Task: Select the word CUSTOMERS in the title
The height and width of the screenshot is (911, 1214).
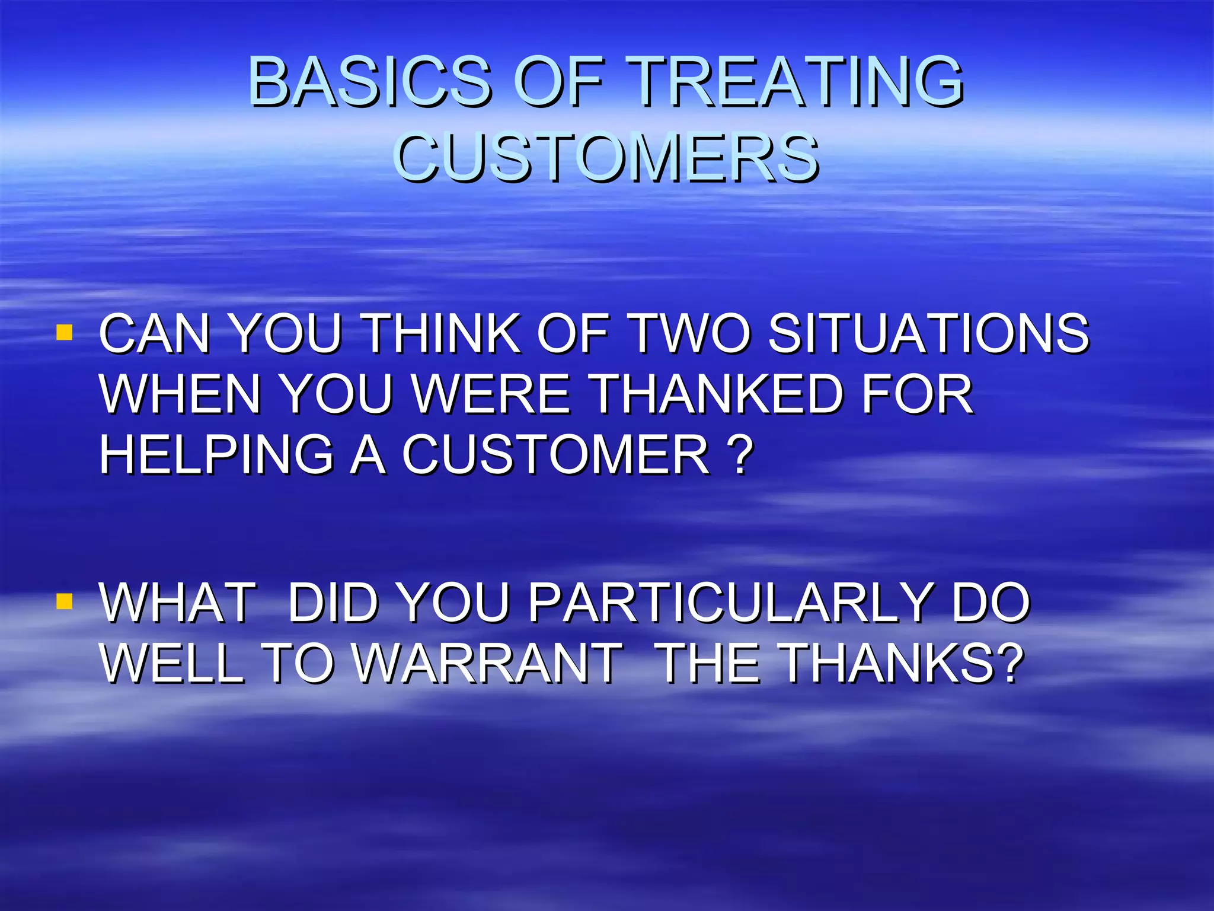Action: (606, 157)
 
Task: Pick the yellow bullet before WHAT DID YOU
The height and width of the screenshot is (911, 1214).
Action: (64, 601)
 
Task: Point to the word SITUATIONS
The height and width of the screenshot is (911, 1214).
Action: (928, 334)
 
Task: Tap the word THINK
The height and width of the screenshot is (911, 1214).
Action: (441, 334)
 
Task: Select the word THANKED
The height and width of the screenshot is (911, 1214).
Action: (717, 394)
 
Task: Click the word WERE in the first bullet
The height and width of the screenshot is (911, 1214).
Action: (491, 394)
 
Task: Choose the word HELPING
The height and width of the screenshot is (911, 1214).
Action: (216, 455)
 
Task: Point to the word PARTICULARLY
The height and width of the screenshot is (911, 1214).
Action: (730, 603)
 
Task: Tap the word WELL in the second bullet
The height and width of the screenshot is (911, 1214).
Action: (172, 663)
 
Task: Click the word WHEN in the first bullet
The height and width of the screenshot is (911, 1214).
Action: (180, 394)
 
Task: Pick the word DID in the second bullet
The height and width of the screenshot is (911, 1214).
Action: (333, 603)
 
